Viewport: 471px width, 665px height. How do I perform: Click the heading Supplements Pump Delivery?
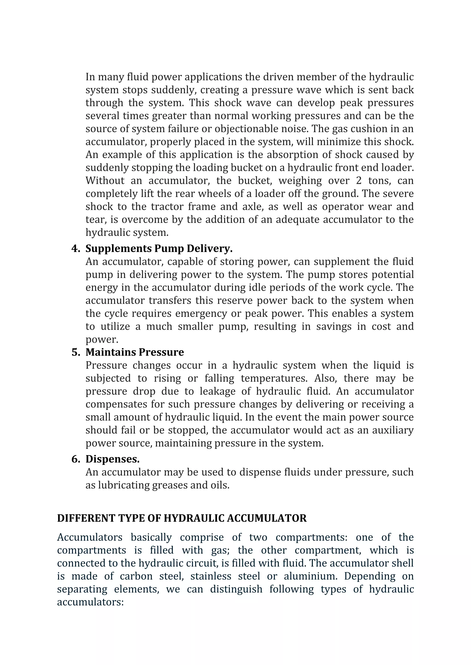click(x=159, y=248)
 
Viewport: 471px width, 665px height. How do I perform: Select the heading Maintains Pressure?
click(x=135, y=352)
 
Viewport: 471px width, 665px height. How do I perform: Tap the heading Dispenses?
click(x=112, y=459)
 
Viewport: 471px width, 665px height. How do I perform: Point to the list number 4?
click(x=75, y=248)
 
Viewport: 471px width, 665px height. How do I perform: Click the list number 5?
click(x=75, y=352)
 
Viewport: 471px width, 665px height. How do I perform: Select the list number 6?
click(x=75, y=459)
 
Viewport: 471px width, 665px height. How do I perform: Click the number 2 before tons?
click(x=359, y=181)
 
